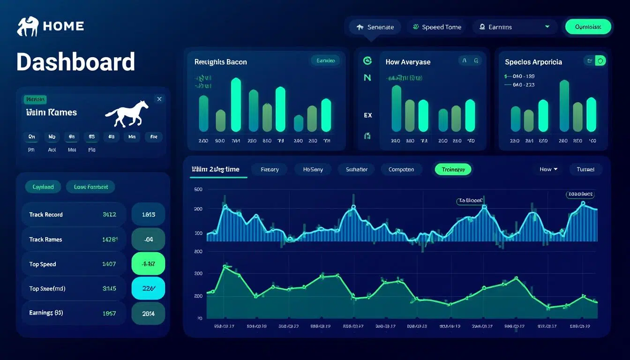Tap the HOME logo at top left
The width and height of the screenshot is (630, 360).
[x=51, y=26]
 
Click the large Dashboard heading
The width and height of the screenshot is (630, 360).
[x=75, y=62]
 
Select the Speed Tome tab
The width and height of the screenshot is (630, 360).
[x=437, y=27]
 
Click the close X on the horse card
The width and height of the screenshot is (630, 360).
[x=159, y=99]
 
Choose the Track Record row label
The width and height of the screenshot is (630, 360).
[x=46, y=215]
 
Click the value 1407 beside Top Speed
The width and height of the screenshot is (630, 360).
[x=109, y=264]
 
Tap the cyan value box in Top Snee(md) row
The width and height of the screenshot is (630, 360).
[x=149, y=289]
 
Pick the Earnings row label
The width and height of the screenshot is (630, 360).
[x=46, y=313]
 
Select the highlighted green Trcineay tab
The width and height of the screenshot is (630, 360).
[x=453, y=170]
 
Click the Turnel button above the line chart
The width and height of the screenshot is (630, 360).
[x=585, y=169]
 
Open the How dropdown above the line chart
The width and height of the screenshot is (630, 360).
[x=548, y=169]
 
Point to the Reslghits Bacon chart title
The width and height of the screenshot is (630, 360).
[x=220, y=62]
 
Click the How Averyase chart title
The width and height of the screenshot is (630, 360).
[x=408, y=62]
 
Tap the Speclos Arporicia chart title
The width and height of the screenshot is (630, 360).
[x=533, y=62]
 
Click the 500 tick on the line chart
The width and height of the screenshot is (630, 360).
[x=198, y=189]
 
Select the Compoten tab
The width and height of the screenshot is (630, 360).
[x=401, y=170]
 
